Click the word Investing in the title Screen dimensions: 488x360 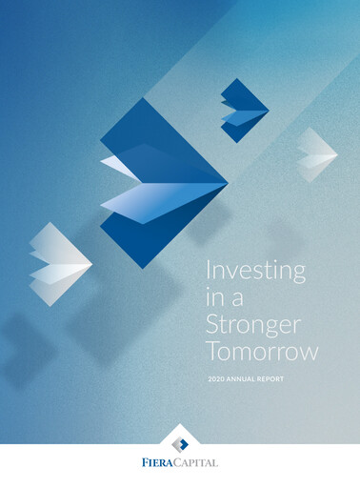tap(256, 270)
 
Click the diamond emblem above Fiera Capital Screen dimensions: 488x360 tap(180, 440)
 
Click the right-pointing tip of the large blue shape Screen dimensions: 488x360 tap(228, 180)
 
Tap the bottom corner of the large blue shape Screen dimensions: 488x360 tap(140, 268)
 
